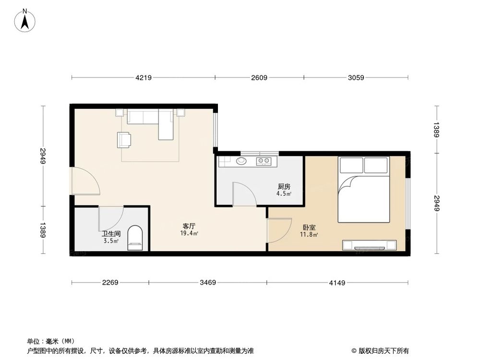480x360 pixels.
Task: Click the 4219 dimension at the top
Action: pyautogui.click(x=144, y=77)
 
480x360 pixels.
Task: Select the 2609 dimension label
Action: pyautogui.click(x=259, y=77)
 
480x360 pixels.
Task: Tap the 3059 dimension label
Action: pyautogui.click(x=356, y=77)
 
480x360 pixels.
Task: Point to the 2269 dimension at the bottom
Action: pyautogui.click(x=110, y=283)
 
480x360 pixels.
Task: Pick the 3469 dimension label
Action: pyautogui.click(x=208, y=283)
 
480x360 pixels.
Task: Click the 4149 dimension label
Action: pyautogui.click(x=337, y=283)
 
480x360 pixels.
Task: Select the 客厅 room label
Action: pyautogui.click(x=189, y=225)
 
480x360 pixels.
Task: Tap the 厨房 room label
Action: pyautogui.click(x=284, y=187)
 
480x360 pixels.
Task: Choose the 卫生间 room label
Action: pyautogui.click(x=110, y=234)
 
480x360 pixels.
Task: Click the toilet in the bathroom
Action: pyautogui.click(x=135, y=239)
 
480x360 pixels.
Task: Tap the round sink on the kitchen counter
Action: pyautogui.click(x=241, y=161)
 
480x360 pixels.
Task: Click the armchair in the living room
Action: pyautogui.click(x=125, y=139)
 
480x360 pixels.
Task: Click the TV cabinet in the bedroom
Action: pyautogui.click(x=369, y=245)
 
